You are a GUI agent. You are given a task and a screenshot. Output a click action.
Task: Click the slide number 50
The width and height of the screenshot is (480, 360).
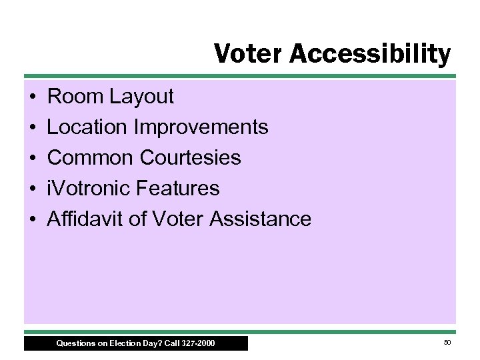tap(447, 343)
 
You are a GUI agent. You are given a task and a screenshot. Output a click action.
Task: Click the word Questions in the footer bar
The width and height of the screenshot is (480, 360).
tap(75, 344)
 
